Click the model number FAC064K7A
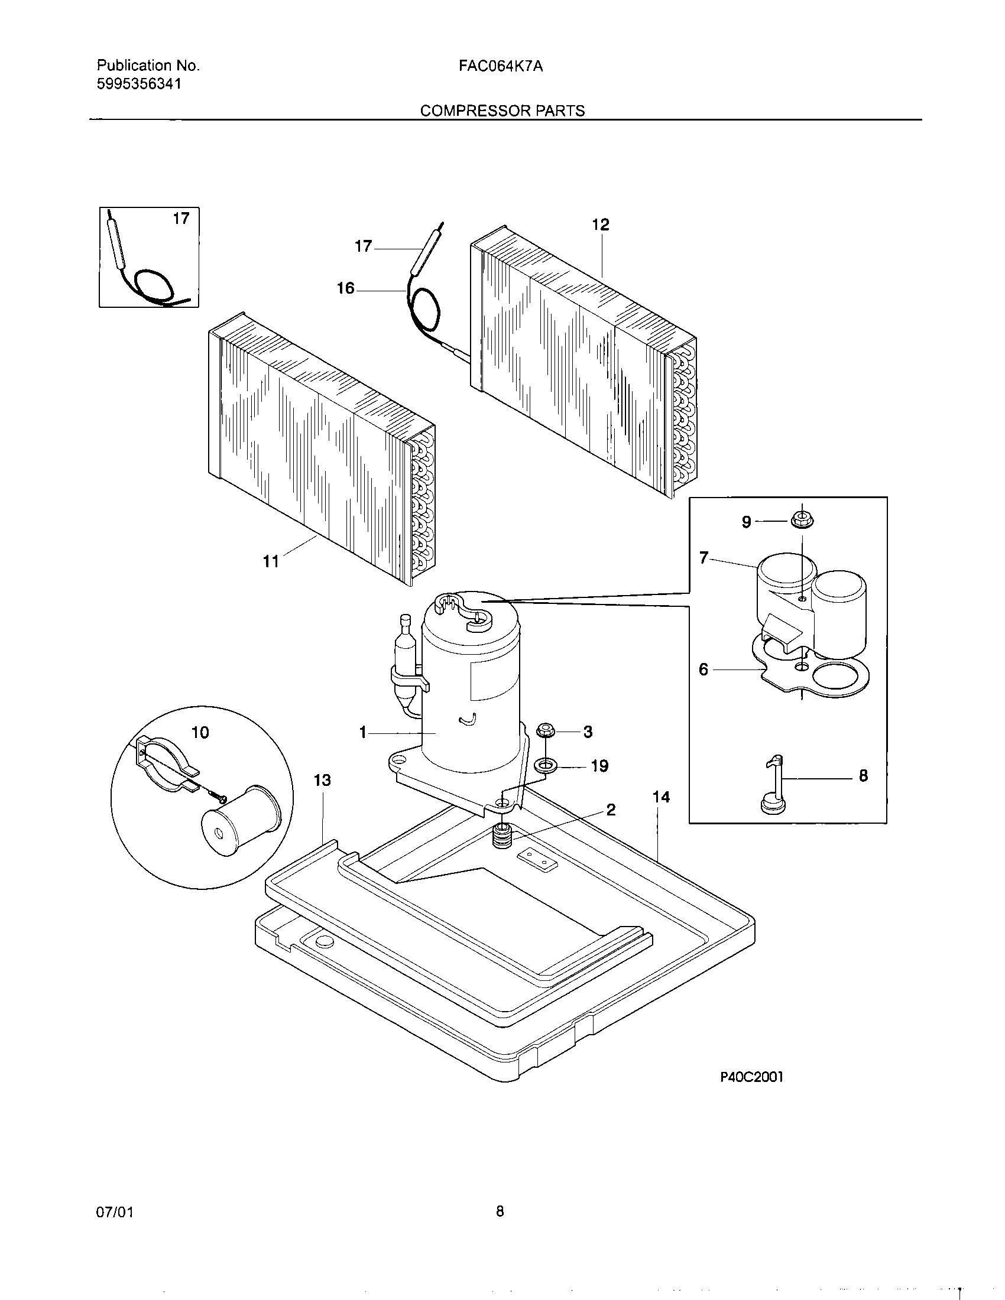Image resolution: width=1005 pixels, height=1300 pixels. (x=500, y=67)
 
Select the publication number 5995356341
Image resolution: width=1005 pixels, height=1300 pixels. (x=139, y=84)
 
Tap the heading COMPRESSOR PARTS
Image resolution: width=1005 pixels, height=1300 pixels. (x=502, y=111)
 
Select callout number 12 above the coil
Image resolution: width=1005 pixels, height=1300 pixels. (x=601, y=225)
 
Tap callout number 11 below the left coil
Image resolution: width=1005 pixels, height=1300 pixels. (x=271, y=561)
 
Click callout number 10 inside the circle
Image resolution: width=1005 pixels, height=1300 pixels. (x=200, y=732)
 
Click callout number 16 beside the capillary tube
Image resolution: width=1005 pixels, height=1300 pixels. (x=345, y=289)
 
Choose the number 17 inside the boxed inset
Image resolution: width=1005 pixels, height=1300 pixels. (x=181, y=219)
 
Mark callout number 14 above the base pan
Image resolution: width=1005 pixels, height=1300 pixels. (x=661, y=797)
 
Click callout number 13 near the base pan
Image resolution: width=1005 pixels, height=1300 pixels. (x=322, y=780)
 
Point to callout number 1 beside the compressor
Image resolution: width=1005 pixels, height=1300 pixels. (x=362, y=733)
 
